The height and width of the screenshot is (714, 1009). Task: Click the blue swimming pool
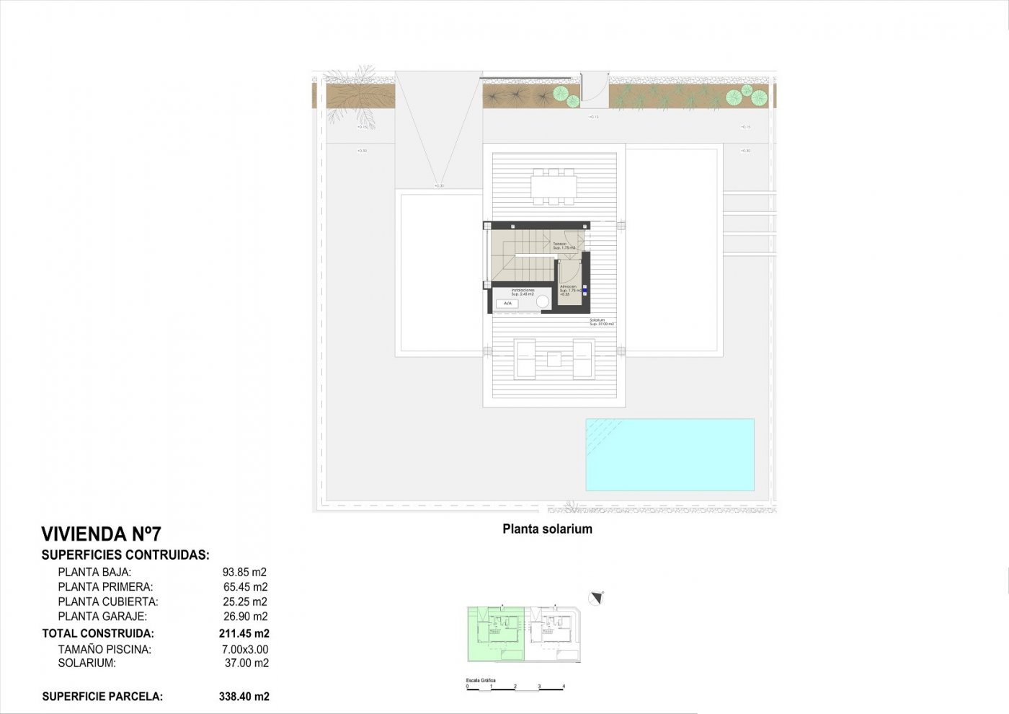pyautogui.click(x=670, y=455)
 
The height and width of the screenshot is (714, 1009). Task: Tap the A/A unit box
pyautogui.click(x=507, y=304)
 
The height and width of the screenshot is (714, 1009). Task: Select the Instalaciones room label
pyautogui.click(x=523, y=292)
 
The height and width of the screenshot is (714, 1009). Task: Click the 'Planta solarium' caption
pyautogui.click(x=547, y=529)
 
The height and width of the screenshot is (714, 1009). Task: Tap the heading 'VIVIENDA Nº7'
pyautogui.click(x=102, y=534)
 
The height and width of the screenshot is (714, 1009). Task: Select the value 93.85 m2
pyautogui.click(x=245, y=573)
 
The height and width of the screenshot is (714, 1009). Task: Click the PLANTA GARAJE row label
pyautogui.click(x=102, y=617)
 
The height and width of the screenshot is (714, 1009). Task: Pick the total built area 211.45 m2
pyautogui.click(x=244, y=634)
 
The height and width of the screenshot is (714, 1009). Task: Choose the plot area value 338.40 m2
pyautogui.click(x=244, y=697)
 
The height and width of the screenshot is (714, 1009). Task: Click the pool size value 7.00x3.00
pyautogui.click(x=245, y=649)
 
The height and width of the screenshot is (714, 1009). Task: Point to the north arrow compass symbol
pyautogui.click(x=596, y=598)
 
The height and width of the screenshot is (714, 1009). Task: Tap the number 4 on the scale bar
pyautogui.click(x=564, y=687)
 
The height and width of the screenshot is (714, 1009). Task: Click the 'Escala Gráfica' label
pyautogui.click(x=481, y=680)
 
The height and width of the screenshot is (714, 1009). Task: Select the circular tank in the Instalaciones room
pyautogui.click(x=543, y=302)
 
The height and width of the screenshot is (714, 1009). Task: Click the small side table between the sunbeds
pyautogui.click(x=554, y=358)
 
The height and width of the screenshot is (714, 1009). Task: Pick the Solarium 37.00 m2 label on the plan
pyautogui.click(x=601, y=322)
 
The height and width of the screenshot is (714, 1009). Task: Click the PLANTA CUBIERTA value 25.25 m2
pyautogui.click(x=245, y=601)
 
